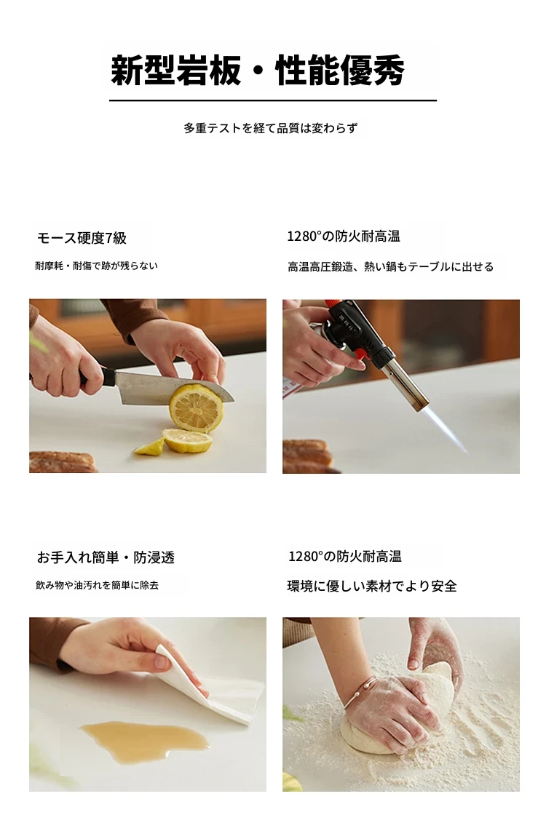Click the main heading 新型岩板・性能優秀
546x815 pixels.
[258, 70]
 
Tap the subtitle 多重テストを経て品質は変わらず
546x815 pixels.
[270, 128]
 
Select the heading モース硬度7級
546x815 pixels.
[82, 238]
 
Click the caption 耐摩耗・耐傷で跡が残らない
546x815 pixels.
[96, 266]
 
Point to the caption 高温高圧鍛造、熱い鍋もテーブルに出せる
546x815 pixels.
[390, 266]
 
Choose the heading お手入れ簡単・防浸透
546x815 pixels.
[106, 557]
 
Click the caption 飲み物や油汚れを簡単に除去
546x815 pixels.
[97, 585]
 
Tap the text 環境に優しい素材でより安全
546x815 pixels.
[372, 587]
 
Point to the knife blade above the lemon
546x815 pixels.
[172, 387]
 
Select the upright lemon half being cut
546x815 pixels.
[196, 409]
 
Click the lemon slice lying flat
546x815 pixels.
[187, 441]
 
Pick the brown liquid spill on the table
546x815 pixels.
[145, 742]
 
